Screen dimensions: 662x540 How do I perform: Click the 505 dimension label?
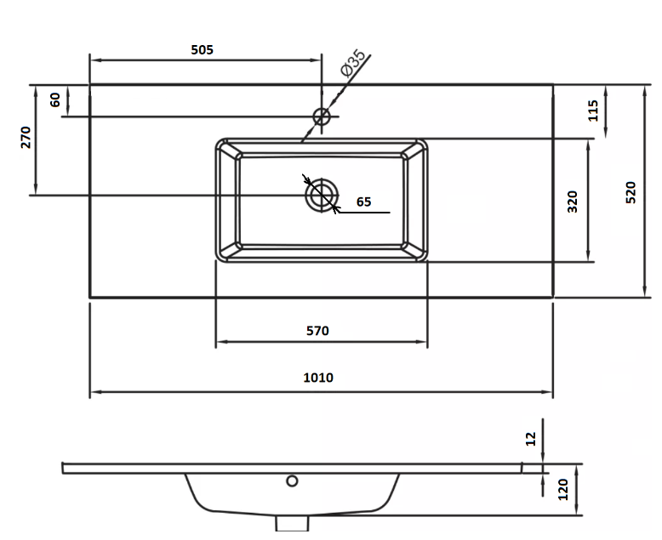coord(202,50)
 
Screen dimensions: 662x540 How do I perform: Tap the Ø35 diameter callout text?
coord(353,63)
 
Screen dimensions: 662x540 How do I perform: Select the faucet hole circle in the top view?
coord(322,117)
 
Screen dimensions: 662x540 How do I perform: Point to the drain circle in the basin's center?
coord(322,196)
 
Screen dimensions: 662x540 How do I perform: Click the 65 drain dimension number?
coord(363,202)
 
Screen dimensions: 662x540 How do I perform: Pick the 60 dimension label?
coord(55,100)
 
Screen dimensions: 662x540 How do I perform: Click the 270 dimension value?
coord(26,137)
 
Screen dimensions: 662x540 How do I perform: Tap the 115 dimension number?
coord(593,111)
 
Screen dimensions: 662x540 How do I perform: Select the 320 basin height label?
coord(572,202)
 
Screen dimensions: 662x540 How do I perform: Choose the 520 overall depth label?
coord(631,192)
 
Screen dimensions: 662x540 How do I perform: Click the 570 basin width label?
coord(317,331)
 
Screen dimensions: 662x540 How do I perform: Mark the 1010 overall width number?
coord(318,378)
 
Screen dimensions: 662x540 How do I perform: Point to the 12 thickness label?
coord(531,439)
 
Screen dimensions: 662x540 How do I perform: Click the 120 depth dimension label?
coord(563,489)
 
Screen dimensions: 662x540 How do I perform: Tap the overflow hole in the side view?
coord(292,480)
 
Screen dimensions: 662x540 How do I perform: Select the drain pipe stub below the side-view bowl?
coord(292,524)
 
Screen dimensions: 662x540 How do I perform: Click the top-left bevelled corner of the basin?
coord(228,151)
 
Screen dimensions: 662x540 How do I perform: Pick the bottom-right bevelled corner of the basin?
coord(414,250)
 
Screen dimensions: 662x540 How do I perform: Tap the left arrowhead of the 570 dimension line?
coord(221,342)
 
